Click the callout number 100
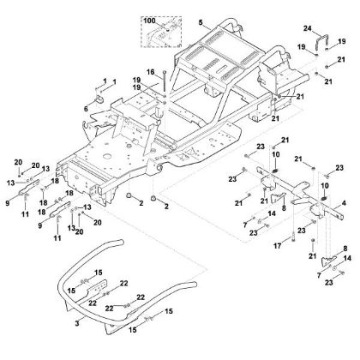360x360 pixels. click(x=150, y=17)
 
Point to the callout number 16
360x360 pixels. click(x=149, y=71)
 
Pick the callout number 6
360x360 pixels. click(x=86, y=110)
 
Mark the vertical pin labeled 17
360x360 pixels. click(x=294, y=232)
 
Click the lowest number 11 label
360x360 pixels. click(x=58, y=237)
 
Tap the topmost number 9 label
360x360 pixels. click(x=9, y=202)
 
